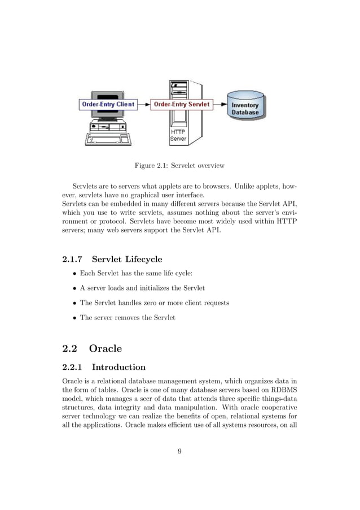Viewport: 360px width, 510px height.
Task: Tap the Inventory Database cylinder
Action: [x=245, y=107]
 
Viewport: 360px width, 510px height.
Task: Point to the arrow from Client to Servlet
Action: [x=144, y=105]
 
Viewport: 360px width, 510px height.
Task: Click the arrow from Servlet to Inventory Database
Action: [x=219, y=105]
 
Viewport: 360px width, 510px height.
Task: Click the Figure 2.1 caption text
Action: [x=179, y=166]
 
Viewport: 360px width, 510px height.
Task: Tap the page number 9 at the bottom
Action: [x=179, y=451]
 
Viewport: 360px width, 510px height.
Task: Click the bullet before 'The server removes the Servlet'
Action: [x=73, y=318]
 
